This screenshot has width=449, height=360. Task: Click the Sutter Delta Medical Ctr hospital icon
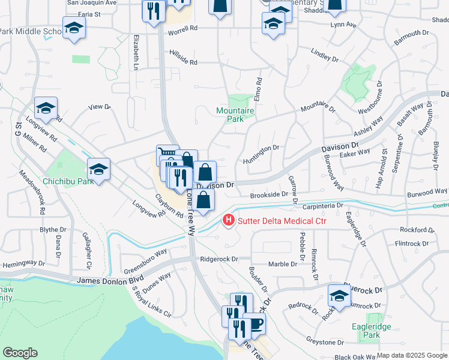click(228, 221)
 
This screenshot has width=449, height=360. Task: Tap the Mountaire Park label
click(235, 115)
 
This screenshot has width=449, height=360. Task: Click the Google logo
click(20, 353)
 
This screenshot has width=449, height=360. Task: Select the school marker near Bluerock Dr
click(339, 296)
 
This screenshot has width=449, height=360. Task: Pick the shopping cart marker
click(167, 155)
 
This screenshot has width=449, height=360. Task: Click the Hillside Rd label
click(184, 61)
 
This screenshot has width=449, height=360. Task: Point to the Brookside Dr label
click(269, 194)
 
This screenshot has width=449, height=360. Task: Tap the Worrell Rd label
click(182, 29)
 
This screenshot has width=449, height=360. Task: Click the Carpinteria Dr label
click(322, 205)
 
